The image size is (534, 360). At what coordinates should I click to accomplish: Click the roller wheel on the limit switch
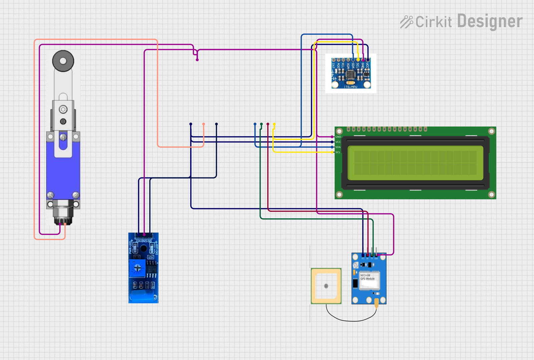coord(63,61)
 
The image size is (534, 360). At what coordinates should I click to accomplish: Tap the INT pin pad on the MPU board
coord(333,60)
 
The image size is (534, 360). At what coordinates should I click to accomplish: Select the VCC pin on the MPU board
coord(368,60)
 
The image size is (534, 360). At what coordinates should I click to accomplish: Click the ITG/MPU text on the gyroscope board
coord(350,87)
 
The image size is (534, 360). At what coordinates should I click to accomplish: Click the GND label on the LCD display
coord(338,137)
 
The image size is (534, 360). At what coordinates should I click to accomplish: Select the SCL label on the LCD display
coord(338,152)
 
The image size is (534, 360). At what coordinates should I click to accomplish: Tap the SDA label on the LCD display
coord(338,147)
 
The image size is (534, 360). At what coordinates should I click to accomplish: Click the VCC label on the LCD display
coord(338,142)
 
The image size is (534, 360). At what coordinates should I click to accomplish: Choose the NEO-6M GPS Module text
coord(367,277)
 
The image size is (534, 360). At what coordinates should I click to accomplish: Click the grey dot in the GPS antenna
coord(326,286)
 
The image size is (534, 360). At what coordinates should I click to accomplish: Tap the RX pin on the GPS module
coord(367,255)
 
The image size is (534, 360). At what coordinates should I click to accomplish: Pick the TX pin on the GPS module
coord(372,255)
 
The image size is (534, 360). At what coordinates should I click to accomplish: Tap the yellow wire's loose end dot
coord(274,124)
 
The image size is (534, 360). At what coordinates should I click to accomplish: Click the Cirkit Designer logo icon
coord(407,22)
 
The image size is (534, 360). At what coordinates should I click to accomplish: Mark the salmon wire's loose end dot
coord(204,124)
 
